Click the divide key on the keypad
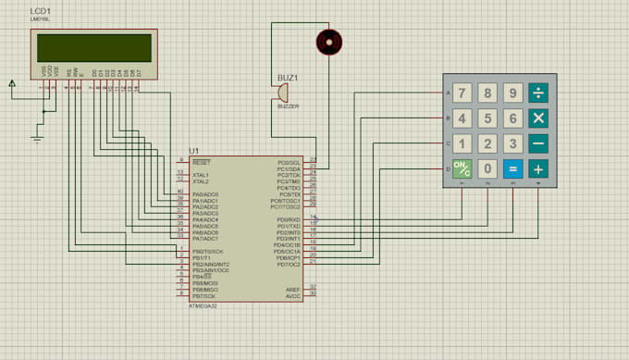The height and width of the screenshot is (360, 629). pyautogui.click(x=537, y=93)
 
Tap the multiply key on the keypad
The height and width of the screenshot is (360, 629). pyautogui.click(x=537, y=118)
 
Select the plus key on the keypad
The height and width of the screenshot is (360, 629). pyautogui.click(x=537, y=169)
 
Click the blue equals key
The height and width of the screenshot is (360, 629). pyautogui.click(x=512, y=169)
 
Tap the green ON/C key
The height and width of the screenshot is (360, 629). pyautogui.click(x=462, y=169)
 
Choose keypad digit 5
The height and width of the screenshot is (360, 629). pyautogui.click(x=487, y=118)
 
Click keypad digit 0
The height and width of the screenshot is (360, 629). pyautogui.click(x=487, y=169)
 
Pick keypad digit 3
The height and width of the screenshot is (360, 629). pyautogui.click(x=512, y=144)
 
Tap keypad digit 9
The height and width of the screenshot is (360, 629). pyautogui.click(x=512, y=93)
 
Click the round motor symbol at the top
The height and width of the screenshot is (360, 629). pyautogui.click(x=328, y=41)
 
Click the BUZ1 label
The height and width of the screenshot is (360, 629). pyautogui.click(x=289, y=77)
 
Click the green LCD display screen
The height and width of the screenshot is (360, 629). pyautogui.click(x=92, y=46)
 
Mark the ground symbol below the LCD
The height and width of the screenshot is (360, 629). pyautogui.click(x=38, y=139)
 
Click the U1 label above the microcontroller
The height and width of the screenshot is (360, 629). pyautogui.click(x=193, y=150)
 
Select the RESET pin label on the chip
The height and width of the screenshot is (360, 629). pyautogui.click(x=202, y=161)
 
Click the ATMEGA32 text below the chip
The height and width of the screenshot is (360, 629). pyautogui.click(x=204, y=304)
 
